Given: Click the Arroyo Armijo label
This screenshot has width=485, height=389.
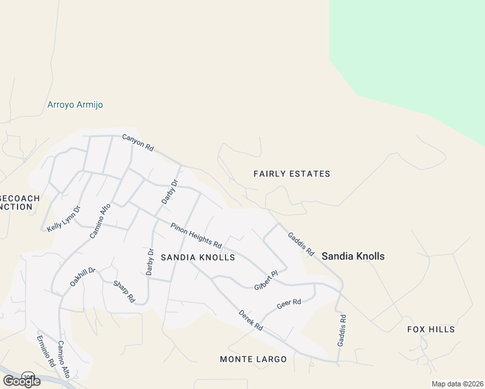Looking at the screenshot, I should coord(75,104).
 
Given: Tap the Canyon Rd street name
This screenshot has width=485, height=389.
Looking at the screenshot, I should coord(138,143).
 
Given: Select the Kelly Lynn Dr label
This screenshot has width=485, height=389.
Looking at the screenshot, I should coord(64,218).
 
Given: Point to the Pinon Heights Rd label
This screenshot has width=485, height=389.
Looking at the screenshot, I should coord(196,235).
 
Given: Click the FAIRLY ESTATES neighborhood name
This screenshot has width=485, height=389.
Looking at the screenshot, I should coord(292,174).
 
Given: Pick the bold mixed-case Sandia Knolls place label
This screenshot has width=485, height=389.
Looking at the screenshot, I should coord(353,256).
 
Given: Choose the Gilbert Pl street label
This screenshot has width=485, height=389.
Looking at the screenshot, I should coord(266,280).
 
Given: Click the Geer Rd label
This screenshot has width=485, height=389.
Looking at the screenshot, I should coord(289,302).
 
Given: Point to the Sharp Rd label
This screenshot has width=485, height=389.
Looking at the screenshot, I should coord(124,292).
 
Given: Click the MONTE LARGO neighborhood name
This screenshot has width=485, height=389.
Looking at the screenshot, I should coord(253,359).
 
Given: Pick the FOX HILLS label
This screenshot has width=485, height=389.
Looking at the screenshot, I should coord(431,329).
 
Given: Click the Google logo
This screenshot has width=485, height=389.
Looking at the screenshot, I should coord(21,381).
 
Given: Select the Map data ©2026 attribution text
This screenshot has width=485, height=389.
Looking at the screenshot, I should coord(457,384).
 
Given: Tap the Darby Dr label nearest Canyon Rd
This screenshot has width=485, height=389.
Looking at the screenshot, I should coord(169,192).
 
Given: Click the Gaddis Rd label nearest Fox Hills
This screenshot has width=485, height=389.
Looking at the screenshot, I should coord(342,330).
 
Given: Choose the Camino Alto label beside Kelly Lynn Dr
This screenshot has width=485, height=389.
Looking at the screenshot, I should coord(101,220).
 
